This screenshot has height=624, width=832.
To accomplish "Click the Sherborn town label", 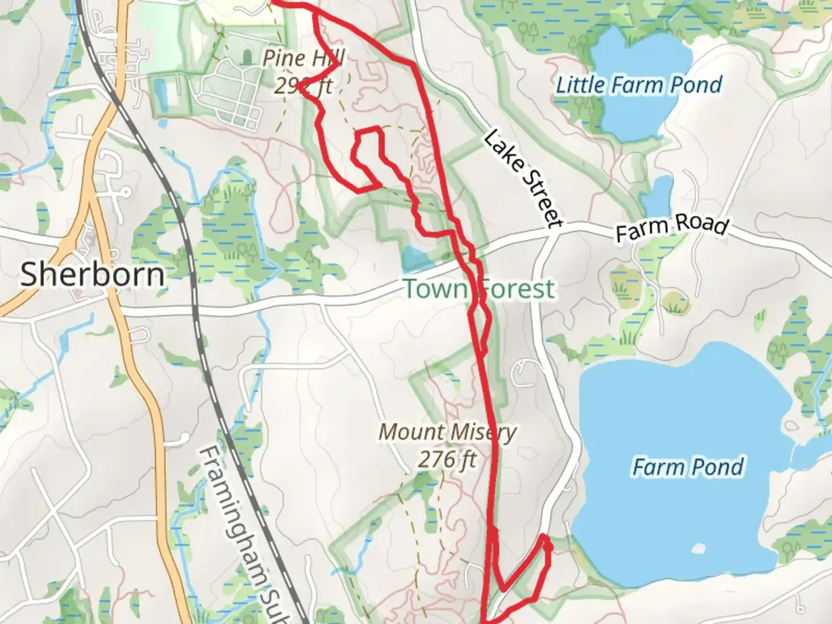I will point(92,274).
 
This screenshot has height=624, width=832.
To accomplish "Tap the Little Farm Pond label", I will point(639,85).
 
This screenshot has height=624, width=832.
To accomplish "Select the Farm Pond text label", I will point(688,467).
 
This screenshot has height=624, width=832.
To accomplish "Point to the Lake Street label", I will point(522,179).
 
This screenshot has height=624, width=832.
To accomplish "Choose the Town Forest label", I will point(479,288).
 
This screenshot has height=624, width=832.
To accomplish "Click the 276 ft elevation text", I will point(448,460).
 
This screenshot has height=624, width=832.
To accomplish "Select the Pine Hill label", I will point(304,58).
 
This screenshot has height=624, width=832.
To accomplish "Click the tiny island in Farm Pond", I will point(697,548).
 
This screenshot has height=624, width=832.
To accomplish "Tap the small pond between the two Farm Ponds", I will point(658,196).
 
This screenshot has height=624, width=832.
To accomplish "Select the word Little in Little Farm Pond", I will point(581,85).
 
